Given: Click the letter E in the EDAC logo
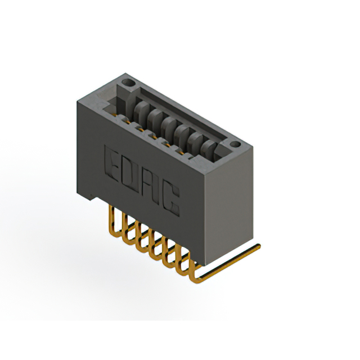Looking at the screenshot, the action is (112, 163).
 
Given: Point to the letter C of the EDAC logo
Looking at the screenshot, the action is (171, 198).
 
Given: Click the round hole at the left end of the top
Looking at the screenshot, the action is (128, 83).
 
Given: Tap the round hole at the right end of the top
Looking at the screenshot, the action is (235, 144).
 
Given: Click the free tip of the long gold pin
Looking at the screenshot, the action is (259, 246).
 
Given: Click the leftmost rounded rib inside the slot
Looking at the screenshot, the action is (141, 110).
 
